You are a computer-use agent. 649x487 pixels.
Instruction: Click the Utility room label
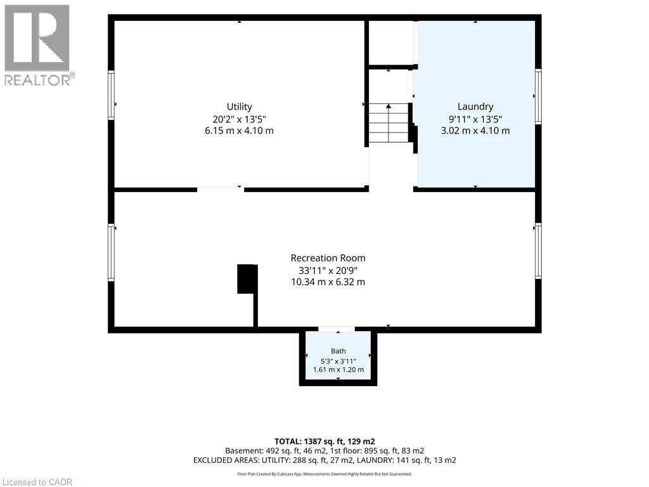tap(239, 107)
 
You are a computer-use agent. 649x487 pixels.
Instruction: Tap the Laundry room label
tap(475, 107)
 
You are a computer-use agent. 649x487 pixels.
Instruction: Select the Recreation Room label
tap(328, 258)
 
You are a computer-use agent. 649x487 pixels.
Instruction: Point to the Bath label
tap(338, 351)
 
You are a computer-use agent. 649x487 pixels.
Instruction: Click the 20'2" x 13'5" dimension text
tap(239, 119)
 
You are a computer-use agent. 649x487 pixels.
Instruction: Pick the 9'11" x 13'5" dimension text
tap(475, 119)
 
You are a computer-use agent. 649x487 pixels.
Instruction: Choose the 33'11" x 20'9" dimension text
tap(328, 270)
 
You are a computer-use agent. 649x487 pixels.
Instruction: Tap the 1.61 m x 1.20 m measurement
tap(338, 370)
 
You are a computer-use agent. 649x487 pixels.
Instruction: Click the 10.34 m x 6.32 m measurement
tap(328, 282)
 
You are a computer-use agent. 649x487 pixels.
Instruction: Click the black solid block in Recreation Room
tap(248, 279)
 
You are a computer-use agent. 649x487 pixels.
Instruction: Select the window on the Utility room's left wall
tap(111, 95)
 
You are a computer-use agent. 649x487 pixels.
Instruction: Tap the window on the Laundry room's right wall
tap(538, 96)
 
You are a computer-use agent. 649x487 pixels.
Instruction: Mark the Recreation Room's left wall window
tap(111, 252)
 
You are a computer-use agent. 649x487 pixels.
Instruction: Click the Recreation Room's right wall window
tap(538, 250)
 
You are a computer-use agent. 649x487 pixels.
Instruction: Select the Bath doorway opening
tap(336, 329)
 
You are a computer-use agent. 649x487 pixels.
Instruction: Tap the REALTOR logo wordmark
tap(37, 80)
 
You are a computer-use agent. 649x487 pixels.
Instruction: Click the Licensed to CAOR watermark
tap(36, 482)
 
